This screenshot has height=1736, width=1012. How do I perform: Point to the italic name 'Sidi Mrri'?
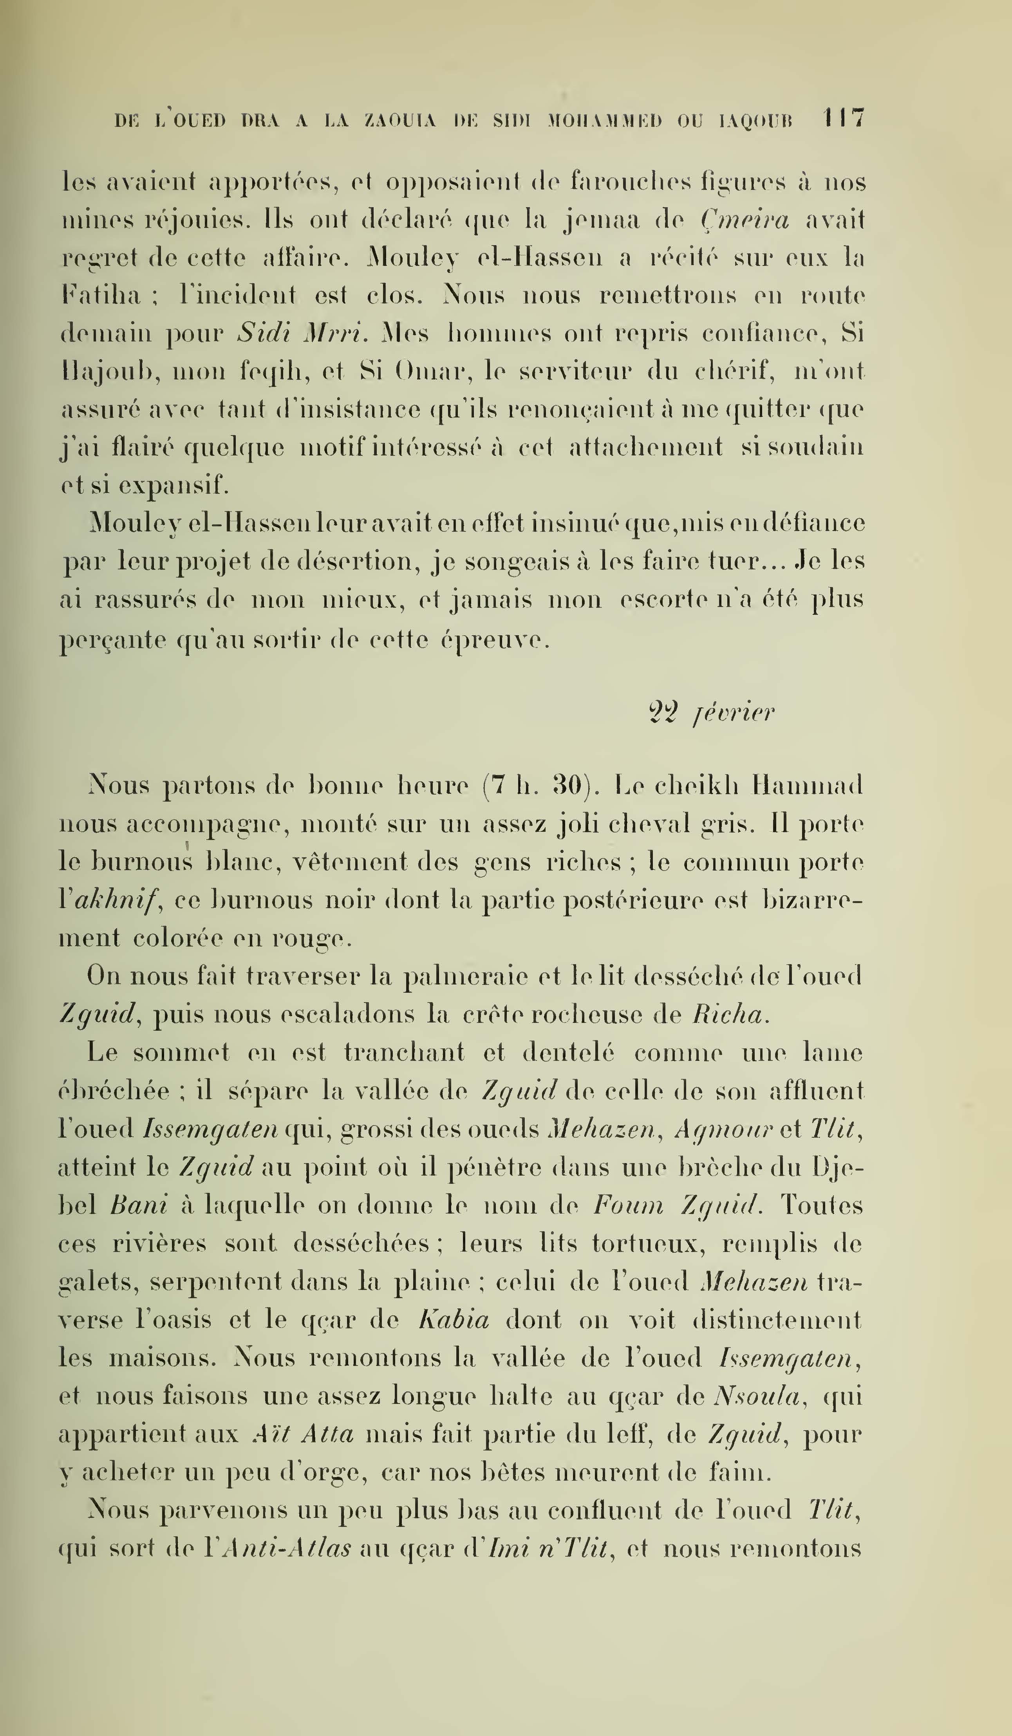(302, 333)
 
